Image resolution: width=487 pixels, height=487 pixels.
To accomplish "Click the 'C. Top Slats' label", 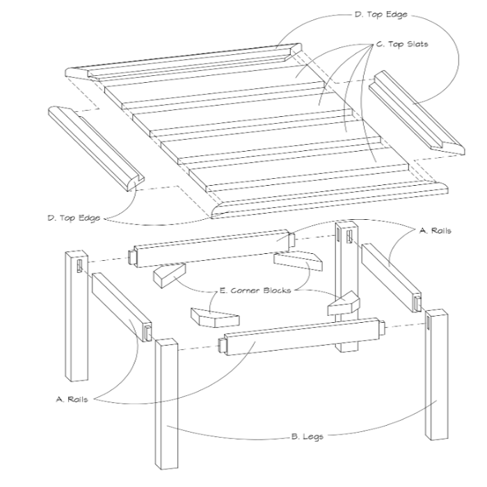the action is (402, 45).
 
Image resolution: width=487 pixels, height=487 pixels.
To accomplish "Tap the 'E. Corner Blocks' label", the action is (255, 290).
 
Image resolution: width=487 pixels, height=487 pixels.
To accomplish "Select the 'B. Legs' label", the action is (308, 437).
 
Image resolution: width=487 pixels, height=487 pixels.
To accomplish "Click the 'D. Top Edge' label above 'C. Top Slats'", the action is (381, 15).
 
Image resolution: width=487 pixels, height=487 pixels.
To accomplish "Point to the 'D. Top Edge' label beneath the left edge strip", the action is (74, 218).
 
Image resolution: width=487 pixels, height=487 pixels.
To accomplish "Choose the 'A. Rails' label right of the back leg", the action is (435, 230).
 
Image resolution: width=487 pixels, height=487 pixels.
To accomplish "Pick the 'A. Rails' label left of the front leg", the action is (72, 399).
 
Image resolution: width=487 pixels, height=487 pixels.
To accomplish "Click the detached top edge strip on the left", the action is (96, 148).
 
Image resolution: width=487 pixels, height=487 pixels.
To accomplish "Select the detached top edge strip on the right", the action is (417, 112).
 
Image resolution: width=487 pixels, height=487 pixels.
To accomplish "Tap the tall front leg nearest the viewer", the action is (167, 404).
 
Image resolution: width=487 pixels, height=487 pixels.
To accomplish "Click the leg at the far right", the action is (437, 374).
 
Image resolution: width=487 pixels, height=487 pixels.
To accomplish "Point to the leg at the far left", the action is (77, 316).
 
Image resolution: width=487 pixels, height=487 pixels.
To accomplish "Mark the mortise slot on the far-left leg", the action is (80, 266).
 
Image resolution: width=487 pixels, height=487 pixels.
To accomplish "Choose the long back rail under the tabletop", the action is (211, 248).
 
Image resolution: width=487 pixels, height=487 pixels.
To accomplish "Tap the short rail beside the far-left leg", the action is (122, 308).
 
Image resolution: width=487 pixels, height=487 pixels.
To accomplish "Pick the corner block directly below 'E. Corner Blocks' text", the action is (215, 318).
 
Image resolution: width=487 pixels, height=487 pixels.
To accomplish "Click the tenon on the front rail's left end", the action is (223, 345).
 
